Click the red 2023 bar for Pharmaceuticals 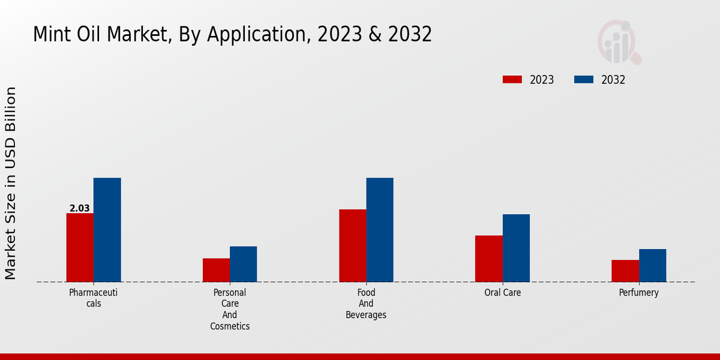pos(80,247)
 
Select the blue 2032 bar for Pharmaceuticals pos(107,230)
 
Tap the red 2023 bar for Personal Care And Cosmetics pos(216,270)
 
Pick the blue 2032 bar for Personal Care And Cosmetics pos(243,264)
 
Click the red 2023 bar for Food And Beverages pos(352,245)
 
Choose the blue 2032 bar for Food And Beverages pos(380,230)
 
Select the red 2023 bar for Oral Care pos(488,259)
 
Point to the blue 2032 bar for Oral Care pos(516,248)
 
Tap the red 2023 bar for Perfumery pos(625,271)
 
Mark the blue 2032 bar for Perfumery pos(652,265)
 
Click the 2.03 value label pos(80,209)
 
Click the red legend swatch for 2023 pos(512,80)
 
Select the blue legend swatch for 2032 pos(584,80)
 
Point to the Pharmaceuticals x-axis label pos(93,298)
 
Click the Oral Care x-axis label pos(503,293)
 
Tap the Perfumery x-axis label pos(639,293)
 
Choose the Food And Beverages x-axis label pos(366,304)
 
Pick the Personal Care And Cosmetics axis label pos(230,310)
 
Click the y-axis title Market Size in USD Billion pos(11,183)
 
